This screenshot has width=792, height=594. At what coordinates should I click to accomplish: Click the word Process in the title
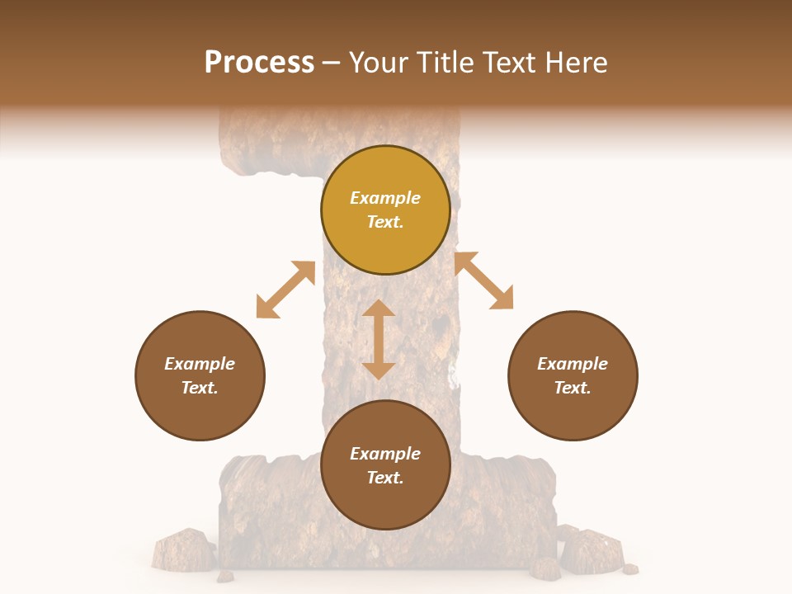click(259, 63)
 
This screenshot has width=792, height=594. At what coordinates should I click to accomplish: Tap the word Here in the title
click(575, 63)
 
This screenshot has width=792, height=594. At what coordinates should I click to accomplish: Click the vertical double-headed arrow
click(379, 339)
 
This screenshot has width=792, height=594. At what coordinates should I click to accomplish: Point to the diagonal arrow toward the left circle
click(285, 290)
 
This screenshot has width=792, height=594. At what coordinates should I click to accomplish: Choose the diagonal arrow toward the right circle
click(483, 280)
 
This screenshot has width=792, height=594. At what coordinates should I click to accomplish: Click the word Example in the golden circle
click(385, 198)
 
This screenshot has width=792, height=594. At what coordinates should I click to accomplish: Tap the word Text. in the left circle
click(200, 388)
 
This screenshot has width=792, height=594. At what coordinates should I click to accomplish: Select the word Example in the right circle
click(573, 364)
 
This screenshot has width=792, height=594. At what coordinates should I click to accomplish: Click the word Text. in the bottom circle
click(385, 478)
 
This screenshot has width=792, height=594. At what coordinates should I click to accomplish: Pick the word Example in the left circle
click(200, 364)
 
